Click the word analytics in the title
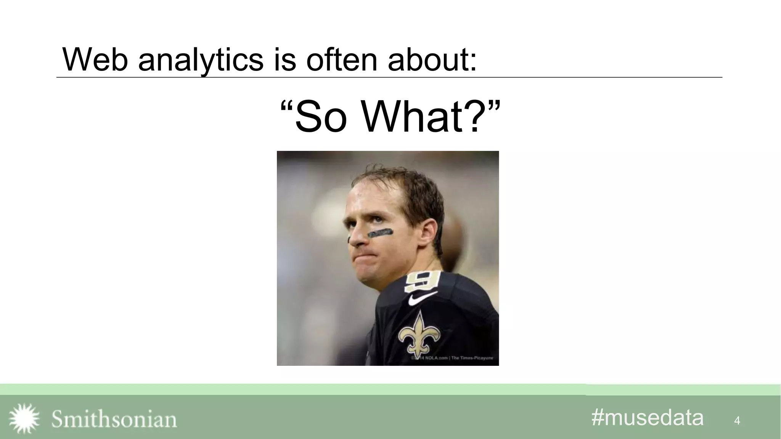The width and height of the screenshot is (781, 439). click(x=201, y=60)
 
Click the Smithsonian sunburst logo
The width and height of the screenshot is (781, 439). click(x=24, y=418)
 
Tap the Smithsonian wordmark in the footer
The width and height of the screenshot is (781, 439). click(x=114, y=419)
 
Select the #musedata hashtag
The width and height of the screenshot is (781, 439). click(x=647, y=417)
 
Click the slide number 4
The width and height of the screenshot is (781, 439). click(x=737, y=421)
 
